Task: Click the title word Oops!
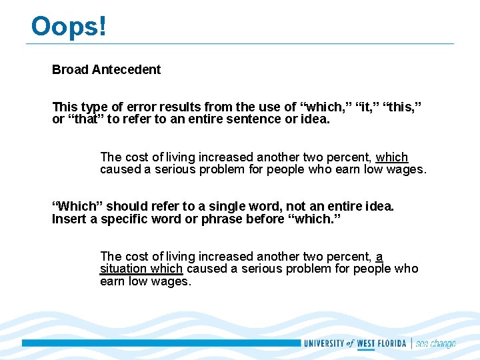[x=69, y=27]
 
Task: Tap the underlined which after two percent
[x=392, y=157]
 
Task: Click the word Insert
[x=68, y=219]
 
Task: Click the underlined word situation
[x=123, y=269]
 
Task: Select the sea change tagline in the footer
[x=435, y=344]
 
